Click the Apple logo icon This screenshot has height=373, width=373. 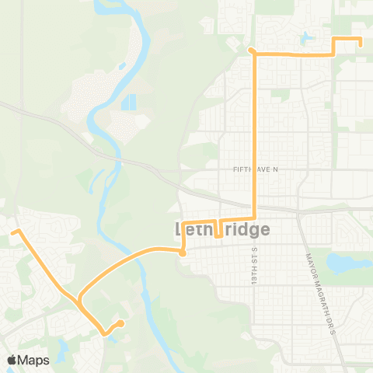click(12, 360)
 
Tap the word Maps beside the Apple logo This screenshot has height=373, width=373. click(33, 360)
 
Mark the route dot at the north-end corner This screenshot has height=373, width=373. click(251, 51)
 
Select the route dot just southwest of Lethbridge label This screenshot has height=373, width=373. click(182, 253)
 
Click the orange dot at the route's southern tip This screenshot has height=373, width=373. click(121, 323)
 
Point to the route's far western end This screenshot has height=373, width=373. click(12, 231)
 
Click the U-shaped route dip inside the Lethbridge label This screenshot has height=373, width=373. click(218, 230)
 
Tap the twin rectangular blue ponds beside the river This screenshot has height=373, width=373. click(128, 102)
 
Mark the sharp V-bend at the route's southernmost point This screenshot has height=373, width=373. click(104, 335)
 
